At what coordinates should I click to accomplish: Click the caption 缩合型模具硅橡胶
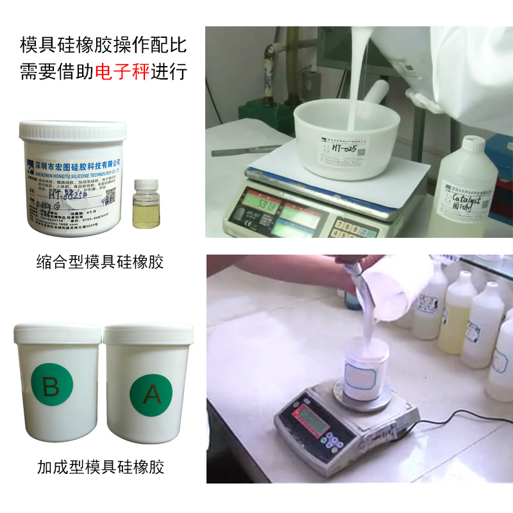point(100,262)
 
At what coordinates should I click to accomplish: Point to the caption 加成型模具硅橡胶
point(101,467)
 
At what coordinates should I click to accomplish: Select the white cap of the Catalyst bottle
point(473,144)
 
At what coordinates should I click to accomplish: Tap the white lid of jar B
point(57,333)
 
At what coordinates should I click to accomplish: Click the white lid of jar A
point(148,333)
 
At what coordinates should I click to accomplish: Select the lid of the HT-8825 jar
point(72,131)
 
